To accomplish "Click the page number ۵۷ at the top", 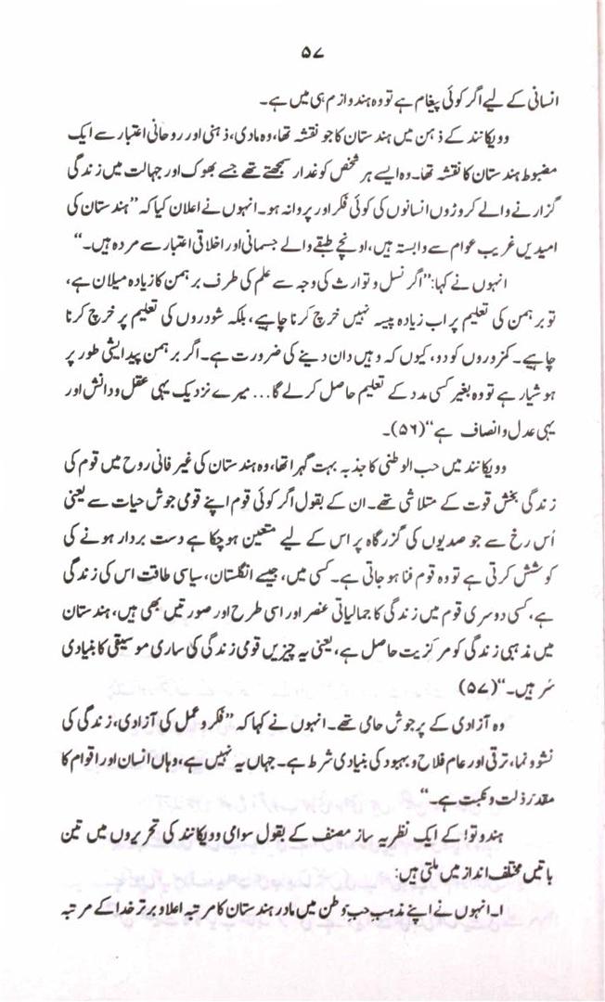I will pos(302,53).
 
